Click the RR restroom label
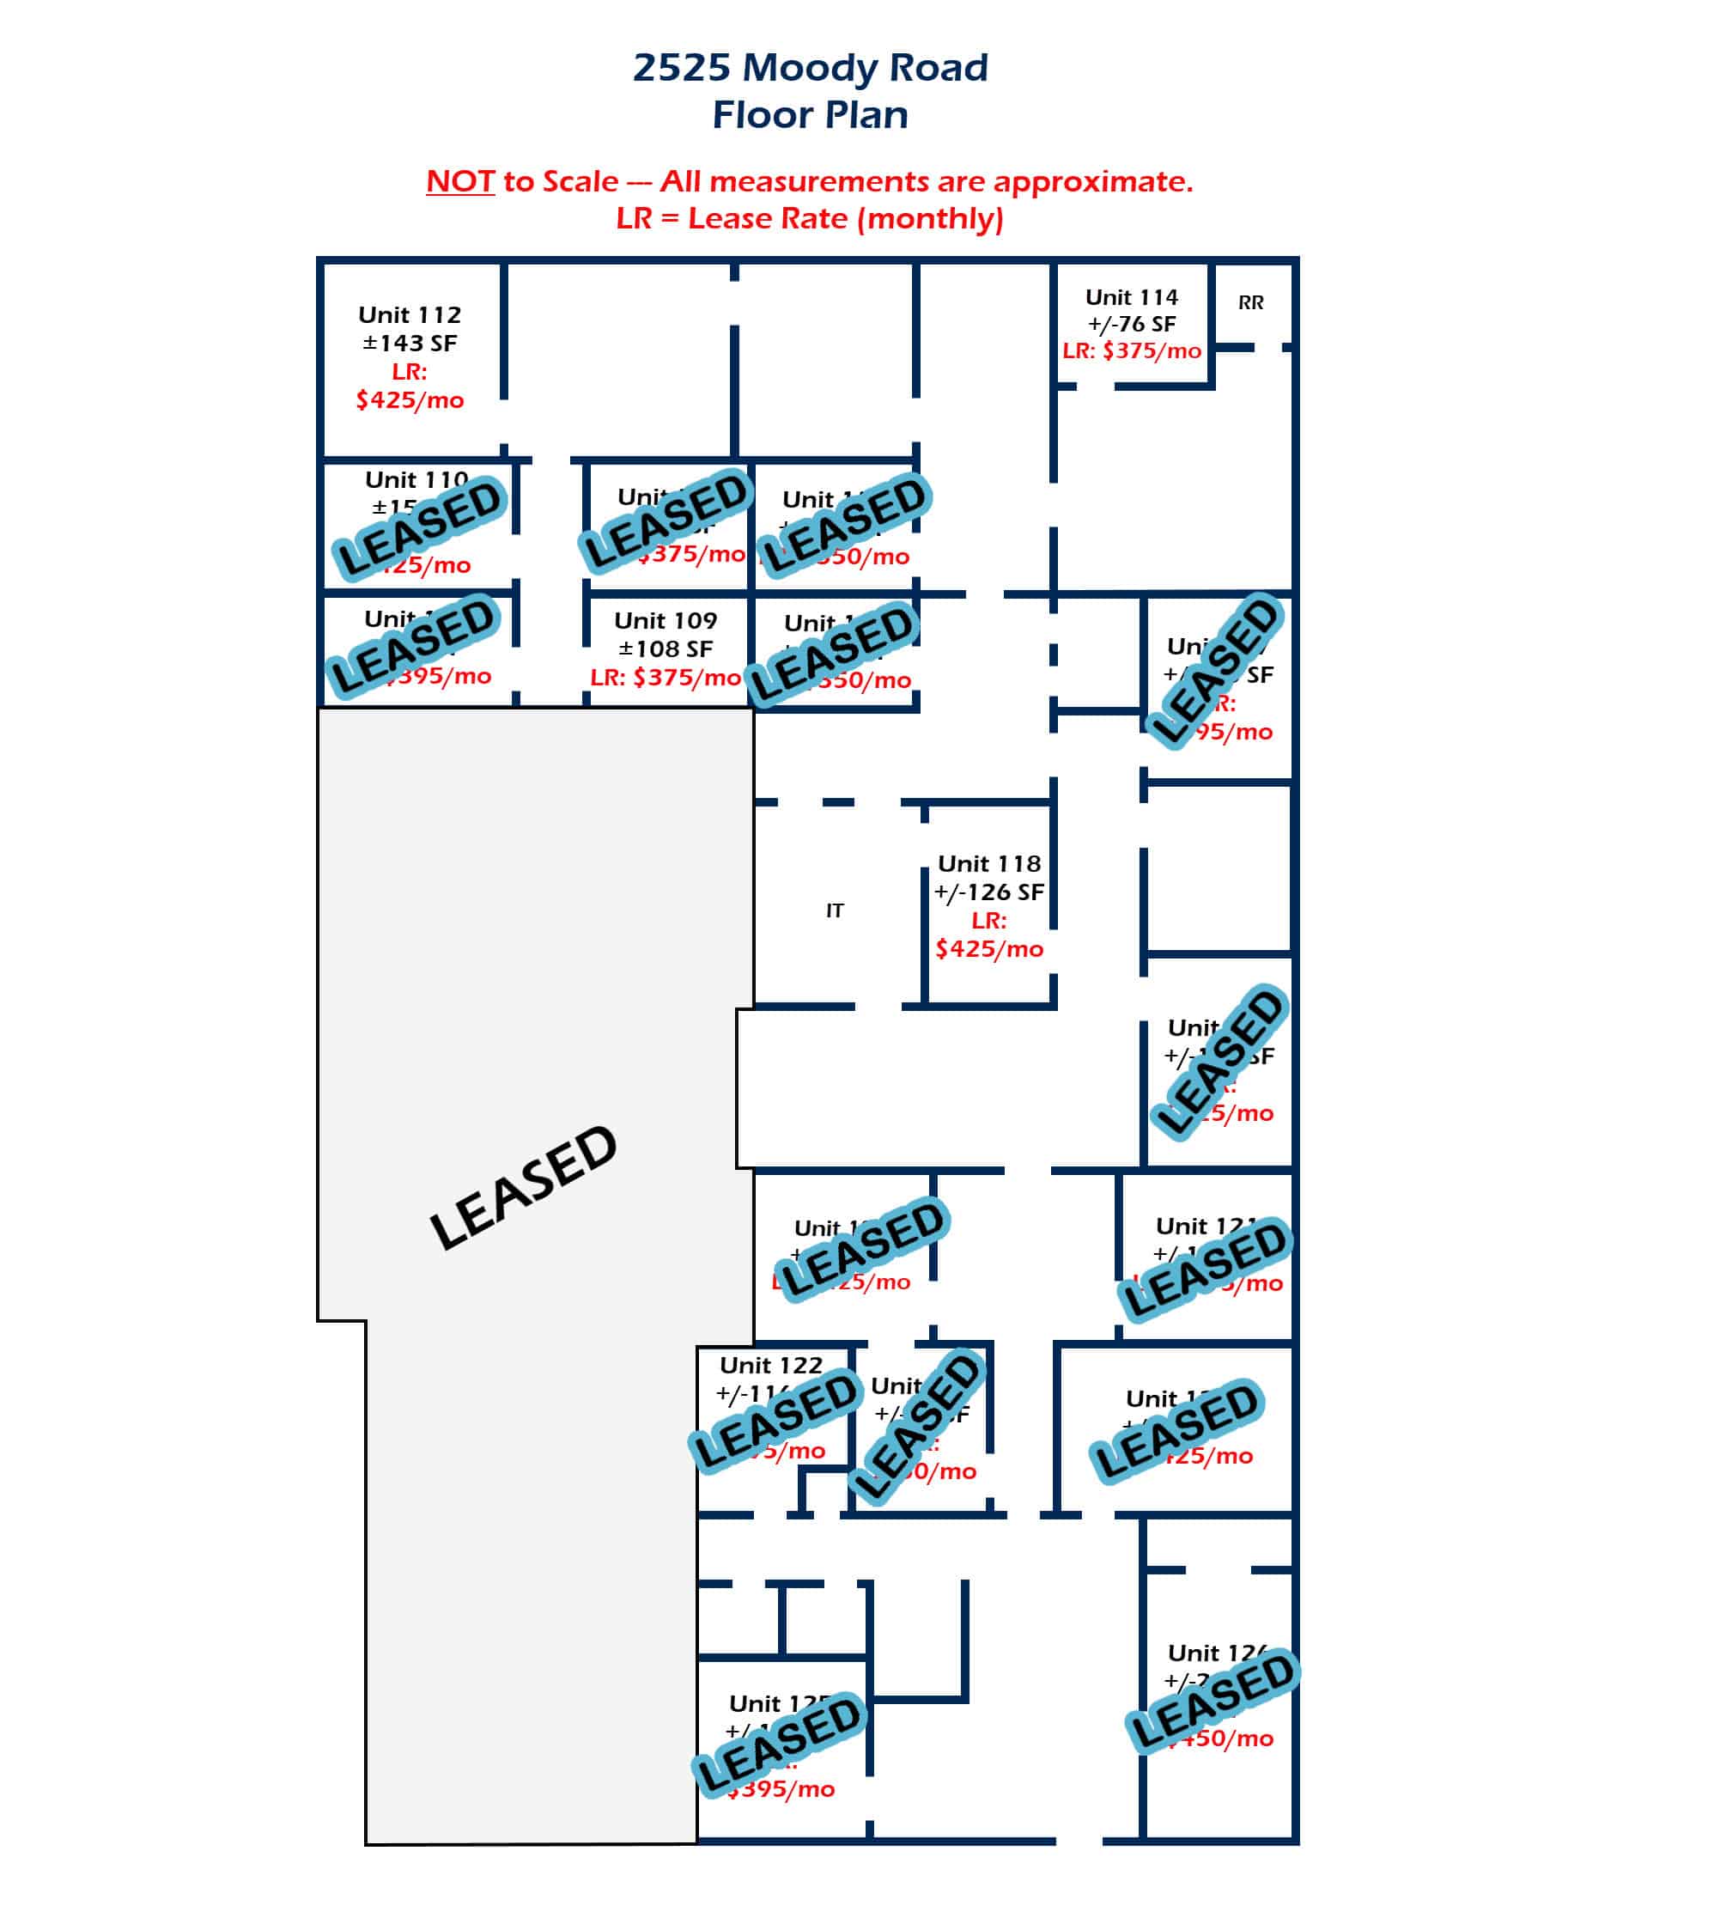1250,302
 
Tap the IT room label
835,910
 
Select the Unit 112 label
410,314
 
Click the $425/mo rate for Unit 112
410,400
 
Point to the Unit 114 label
1131,297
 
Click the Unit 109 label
665,621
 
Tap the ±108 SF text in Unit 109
665,648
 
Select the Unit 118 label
989,863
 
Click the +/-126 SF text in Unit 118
989,892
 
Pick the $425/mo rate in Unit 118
989,948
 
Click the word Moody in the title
810,68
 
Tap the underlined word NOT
459,181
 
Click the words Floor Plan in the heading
810,115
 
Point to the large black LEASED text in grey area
523,1188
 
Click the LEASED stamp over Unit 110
419,527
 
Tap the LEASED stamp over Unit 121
1205,1269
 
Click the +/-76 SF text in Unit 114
1131,324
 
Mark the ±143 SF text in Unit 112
410,343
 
